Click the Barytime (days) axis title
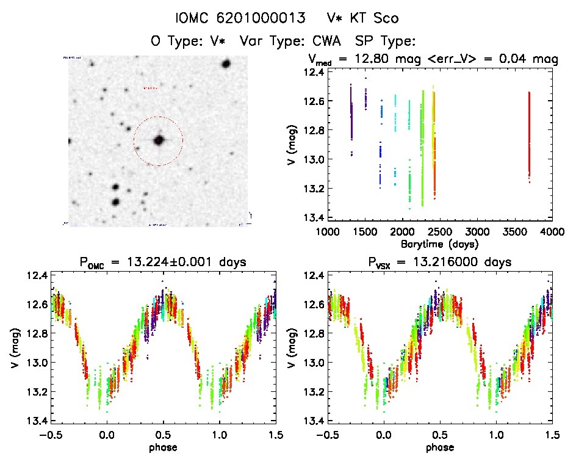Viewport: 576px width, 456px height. coord(439,244)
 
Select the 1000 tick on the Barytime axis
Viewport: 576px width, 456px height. coord(327,232)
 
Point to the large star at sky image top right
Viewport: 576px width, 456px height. coord(226,63)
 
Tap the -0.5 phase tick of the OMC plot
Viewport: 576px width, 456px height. coord(46,435)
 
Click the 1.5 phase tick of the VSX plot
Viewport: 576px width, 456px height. coord(552,435)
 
